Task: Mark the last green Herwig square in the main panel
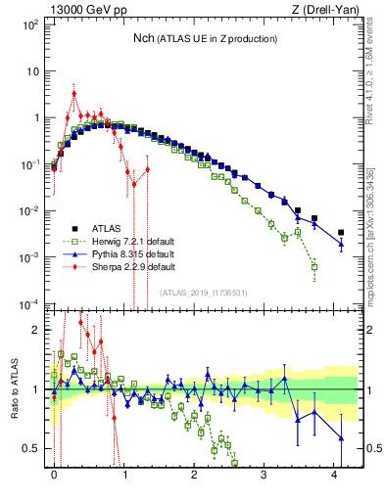pyautogui.click(x=314, y=266)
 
